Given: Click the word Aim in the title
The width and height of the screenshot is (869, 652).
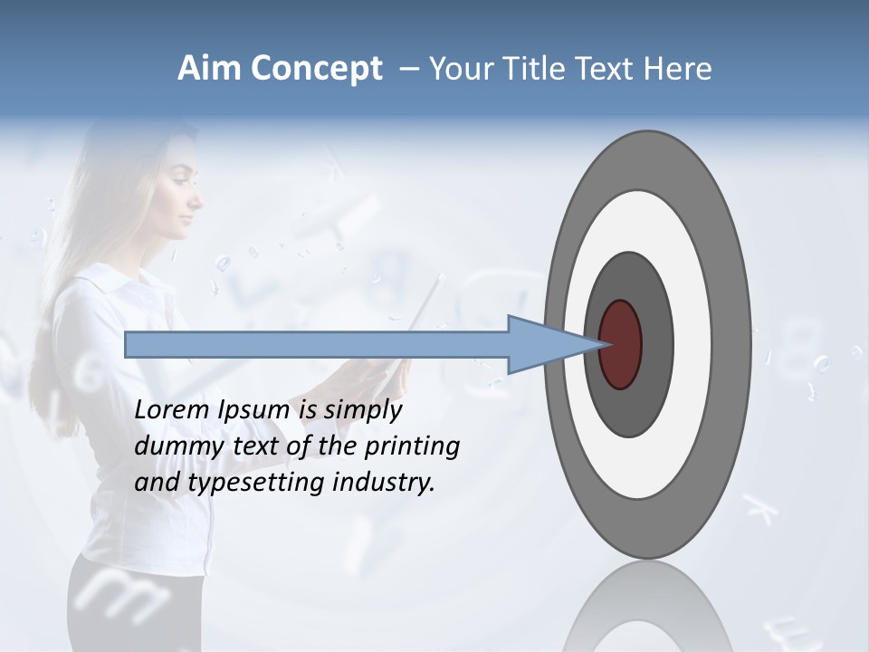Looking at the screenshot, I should tap(209, 69).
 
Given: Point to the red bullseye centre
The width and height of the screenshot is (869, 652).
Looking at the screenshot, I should tap(620, 344).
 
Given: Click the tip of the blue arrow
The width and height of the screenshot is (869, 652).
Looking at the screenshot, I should tap(600, 344).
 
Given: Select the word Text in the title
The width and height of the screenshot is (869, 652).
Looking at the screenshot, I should tap(606, 69).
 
